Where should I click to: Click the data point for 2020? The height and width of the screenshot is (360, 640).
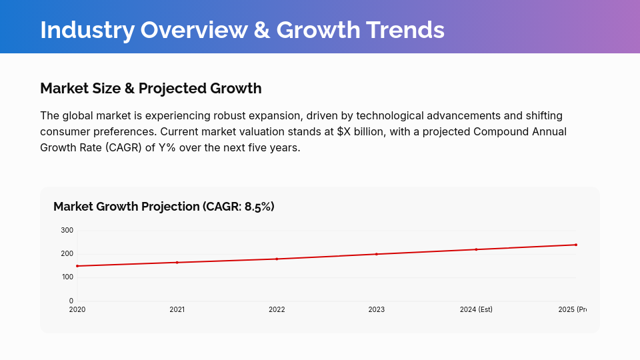77,266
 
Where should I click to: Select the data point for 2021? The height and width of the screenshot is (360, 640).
177,263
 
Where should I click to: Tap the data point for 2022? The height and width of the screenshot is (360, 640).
277,259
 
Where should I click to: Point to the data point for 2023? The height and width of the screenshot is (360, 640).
377,254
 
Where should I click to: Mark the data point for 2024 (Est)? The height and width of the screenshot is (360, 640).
476,249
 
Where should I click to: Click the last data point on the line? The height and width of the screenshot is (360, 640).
576,245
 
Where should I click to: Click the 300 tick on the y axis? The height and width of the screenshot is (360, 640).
67,231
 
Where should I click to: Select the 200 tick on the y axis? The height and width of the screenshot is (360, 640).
67,254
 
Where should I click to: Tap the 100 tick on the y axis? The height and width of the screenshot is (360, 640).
67,277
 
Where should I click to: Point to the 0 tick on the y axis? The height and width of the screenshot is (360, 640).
71,301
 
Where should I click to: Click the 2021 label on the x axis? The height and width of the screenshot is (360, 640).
177,310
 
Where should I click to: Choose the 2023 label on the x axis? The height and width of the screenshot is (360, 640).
377,310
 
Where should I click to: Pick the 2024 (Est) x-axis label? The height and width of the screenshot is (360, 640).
476,310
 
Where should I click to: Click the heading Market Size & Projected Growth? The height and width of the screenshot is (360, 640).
151,88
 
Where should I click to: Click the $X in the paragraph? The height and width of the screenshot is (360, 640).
344,131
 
